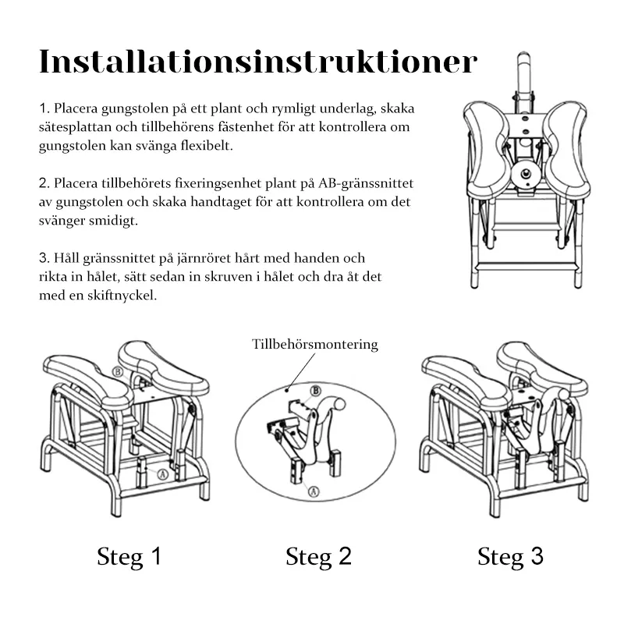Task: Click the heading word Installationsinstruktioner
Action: point(257,62)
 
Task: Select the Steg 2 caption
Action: point(318,556)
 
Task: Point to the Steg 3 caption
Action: point(510,556)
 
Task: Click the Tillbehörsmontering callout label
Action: point(315,344)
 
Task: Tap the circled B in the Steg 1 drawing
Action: point(118,372)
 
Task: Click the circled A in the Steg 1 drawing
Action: point(162,473)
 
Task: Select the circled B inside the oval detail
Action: point(316,390)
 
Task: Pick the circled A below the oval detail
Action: point(313,491)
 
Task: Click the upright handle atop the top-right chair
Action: point(523,75)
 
